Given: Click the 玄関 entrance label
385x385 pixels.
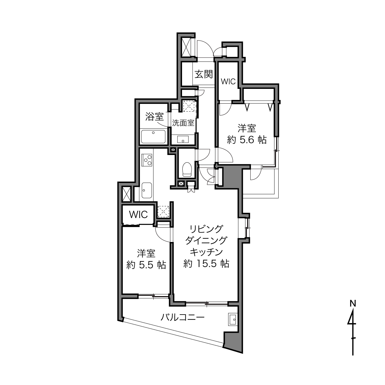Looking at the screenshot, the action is click(204, 74).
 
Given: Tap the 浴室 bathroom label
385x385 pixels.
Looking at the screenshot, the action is click(154, 117).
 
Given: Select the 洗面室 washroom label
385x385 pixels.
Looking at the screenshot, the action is click(183, 123).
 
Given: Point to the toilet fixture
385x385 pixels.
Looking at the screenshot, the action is click(187, 169).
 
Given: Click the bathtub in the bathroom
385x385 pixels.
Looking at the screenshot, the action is click(153, 137).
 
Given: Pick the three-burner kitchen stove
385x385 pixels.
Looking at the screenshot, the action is click(147, 160).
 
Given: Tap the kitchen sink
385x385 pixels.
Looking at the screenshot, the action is click(147, 190).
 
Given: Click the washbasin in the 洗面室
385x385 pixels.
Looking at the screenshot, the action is click(183, 140).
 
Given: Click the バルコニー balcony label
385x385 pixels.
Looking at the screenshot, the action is click(183, 317).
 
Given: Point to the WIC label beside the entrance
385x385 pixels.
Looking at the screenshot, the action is click(228, 81).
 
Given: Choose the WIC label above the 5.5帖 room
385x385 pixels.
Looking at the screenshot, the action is click(138, 215).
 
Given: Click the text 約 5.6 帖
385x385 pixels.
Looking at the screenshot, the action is click(247, 140).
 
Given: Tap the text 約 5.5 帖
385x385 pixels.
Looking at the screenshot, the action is click(146, 265).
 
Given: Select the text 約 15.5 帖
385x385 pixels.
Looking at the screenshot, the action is click(206, 264).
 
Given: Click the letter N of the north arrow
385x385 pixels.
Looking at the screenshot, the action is click(353, 304).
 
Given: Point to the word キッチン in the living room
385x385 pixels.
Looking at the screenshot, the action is click(206, 252).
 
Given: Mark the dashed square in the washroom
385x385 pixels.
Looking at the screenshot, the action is click(189, 106).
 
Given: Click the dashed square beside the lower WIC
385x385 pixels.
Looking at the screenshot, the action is click(163, 212).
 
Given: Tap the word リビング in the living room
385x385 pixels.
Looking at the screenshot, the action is click(206, 229).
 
